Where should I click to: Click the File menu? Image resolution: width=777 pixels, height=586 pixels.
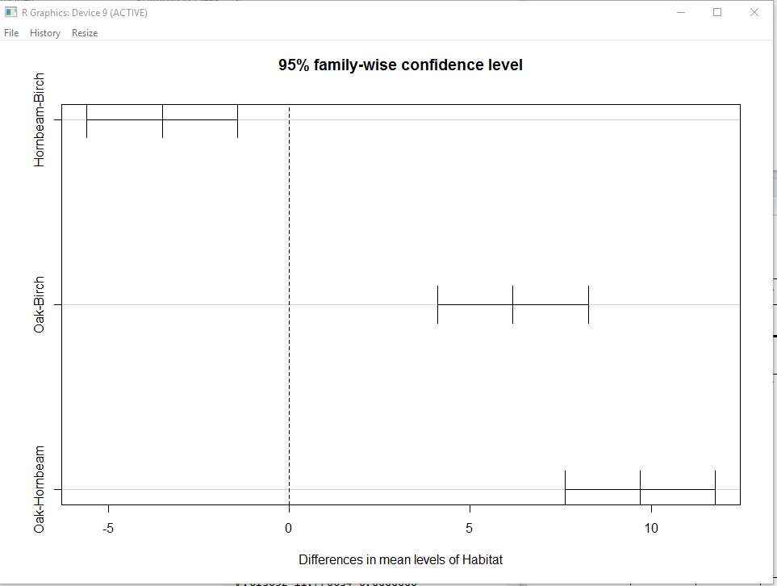[x=11, y=33]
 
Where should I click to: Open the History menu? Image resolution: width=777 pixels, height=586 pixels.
[x=45, y=33]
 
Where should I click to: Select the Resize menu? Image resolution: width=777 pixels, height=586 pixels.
[x=85, y=33]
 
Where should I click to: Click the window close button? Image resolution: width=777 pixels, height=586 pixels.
[x=754, y=12]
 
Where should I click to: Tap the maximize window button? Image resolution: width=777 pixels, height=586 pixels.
[x=717, y=12]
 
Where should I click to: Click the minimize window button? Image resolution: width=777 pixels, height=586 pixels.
[x=681, y=12]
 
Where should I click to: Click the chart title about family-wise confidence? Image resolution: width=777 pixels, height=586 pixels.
[x=400, y=65]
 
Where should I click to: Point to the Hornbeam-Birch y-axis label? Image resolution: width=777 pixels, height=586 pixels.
[x=40, y=120]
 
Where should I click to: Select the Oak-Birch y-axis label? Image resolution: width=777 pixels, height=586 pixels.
[x=40, y=304]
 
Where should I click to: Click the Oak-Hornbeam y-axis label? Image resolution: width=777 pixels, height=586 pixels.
[x=40, y=488]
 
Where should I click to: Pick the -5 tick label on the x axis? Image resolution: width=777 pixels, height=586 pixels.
[x=108, y=528]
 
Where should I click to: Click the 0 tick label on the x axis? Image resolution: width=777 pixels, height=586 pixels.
[x=289, y=528]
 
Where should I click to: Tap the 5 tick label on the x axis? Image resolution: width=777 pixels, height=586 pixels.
[x=470, y=528]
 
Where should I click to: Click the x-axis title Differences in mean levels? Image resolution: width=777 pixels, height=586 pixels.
[x=400, y=559]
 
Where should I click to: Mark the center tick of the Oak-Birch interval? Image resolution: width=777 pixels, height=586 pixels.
[x=512, y=304]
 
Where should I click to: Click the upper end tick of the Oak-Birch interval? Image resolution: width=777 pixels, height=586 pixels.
[x=588, y=304]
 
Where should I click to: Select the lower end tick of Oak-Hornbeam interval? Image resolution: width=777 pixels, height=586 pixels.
[x=565, y=487]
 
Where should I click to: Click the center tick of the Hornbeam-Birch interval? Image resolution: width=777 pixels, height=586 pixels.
[x=162, y=120]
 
